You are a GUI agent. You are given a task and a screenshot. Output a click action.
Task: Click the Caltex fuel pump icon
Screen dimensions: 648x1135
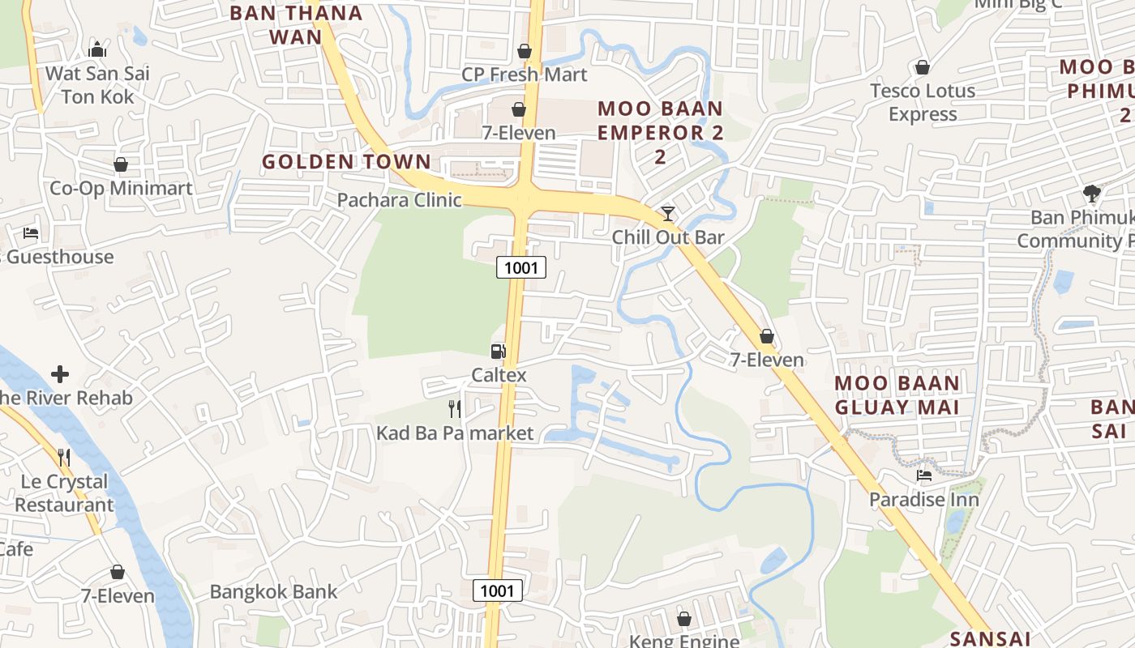click(498, 351)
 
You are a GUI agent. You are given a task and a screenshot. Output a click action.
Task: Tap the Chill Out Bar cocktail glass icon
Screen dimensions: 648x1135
click(667, 214)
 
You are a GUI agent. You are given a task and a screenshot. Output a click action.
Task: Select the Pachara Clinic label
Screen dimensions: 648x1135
click(399, 200)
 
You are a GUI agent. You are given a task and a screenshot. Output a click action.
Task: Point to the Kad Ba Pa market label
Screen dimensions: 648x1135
click(455, 433)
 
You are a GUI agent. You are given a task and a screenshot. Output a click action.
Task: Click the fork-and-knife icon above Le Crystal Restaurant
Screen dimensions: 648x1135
click(64, 458)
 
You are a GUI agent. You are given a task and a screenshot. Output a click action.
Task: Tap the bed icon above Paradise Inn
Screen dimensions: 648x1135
click(923, 475)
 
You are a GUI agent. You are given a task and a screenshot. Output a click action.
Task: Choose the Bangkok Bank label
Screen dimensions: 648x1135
click(273, 591)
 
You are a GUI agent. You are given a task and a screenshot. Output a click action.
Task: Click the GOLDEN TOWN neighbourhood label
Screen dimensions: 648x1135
click(346, 161)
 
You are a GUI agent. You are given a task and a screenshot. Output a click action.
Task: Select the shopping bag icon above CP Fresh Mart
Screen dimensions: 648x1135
click(525, 51)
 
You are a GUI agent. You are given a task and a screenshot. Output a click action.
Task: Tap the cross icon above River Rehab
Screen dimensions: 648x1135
click(60, 374)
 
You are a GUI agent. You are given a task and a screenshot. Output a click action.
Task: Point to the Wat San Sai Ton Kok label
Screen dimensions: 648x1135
click(97, 85)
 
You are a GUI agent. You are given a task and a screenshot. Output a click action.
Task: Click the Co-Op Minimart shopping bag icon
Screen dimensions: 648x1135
click(121, 165)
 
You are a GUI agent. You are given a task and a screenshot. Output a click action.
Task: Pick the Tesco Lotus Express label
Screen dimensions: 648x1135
click(923, 102)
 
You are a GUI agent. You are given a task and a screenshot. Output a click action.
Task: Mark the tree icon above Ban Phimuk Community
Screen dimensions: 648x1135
click(1091, 194)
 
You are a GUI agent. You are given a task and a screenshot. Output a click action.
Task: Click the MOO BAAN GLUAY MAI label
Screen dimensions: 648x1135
click(897, 394)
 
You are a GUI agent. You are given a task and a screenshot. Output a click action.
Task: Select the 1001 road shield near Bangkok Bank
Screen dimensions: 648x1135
click(497, 590)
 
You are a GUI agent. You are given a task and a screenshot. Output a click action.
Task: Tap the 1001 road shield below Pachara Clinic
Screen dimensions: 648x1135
click(521, 266)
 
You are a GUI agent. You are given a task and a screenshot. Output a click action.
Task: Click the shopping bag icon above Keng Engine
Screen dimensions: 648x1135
click(684, 619)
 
